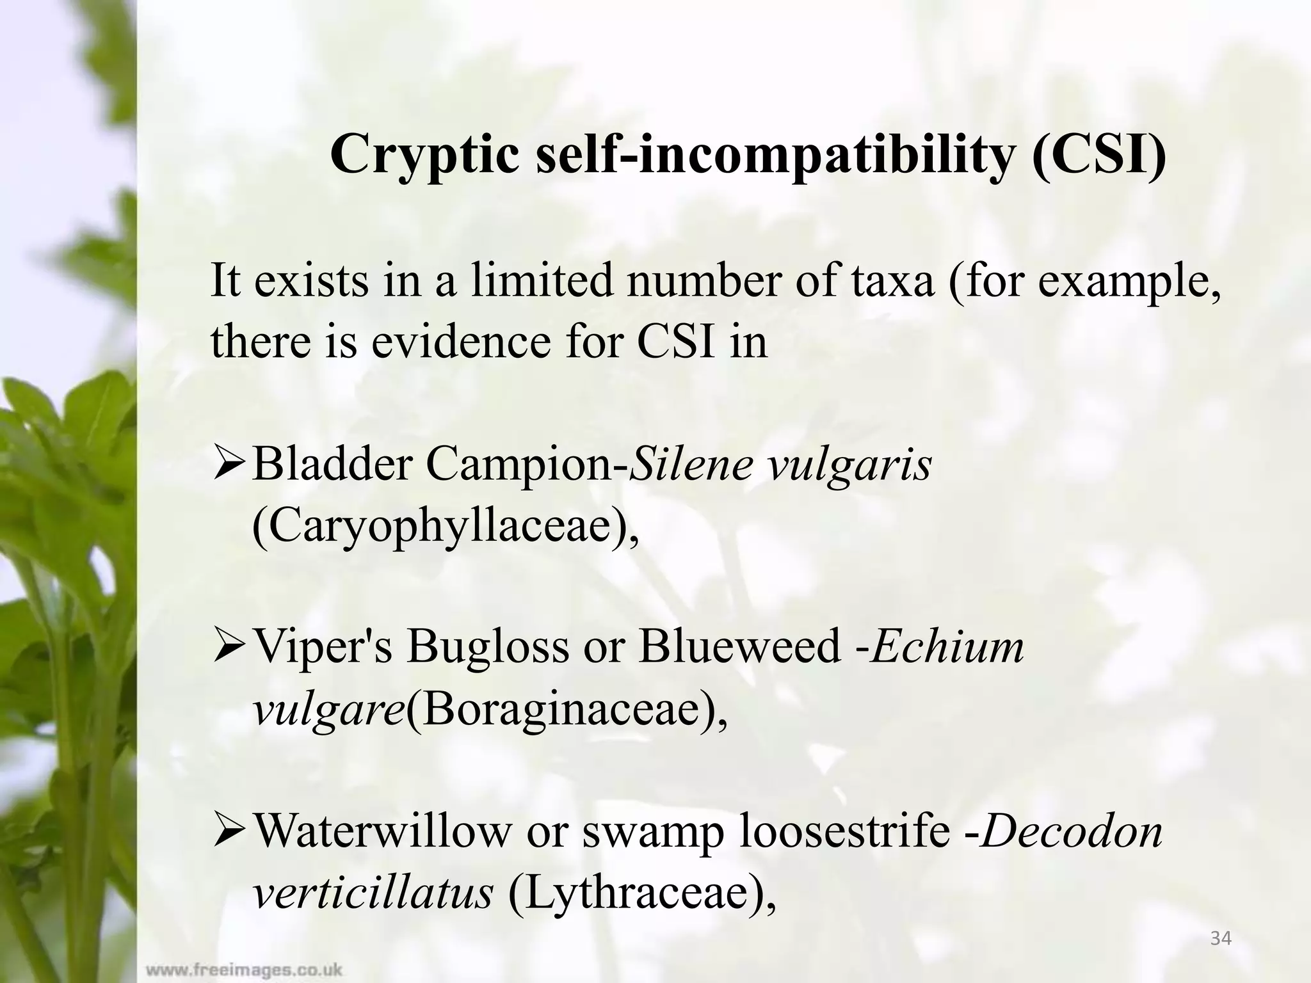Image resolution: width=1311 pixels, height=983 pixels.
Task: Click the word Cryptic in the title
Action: pyautogui.click(x=424, y=156)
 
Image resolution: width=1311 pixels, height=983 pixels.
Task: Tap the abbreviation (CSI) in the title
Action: pyautogui.click(x=1099, y=156)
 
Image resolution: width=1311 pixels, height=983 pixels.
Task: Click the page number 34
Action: pyautogui.click(x=1221, y=939)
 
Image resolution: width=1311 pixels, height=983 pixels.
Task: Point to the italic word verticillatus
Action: pyautogui.click(x=373, y=893)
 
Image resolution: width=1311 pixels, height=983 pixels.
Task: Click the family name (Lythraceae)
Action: pyautogui.click(x=642, y=893)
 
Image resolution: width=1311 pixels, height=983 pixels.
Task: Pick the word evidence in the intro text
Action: pyautogui.click(x=461, y=340)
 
